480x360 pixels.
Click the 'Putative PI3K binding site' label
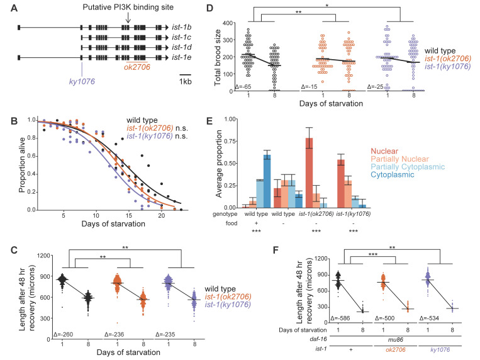pos(128,7)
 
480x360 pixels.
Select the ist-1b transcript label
pos(182,27)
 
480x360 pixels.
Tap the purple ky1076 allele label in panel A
pos(82,81)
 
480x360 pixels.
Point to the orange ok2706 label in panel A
pos(137,67)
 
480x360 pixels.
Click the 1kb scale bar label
pos(185,81)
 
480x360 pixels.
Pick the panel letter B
pos(14,121)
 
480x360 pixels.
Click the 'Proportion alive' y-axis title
pos(22,165)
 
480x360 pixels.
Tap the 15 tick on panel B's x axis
pos(129,215)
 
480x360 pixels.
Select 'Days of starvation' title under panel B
pos(113,224)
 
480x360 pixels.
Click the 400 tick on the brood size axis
pos(228,23)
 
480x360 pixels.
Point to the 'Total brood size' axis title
pos(218,58)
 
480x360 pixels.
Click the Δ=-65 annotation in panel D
pos(243,87)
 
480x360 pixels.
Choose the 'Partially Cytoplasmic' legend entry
pos(408,167)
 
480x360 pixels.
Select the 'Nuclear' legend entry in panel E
pos(384,151)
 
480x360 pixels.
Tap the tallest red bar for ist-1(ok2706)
pos(309,173)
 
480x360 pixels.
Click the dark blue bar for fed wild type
pos(267,181)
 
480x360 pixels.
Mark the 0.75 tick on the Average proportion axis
pos(230,141)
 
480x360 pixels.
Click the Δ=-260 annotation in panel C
pos(64,335)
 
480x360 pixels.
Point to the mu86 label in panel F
pos(396,340)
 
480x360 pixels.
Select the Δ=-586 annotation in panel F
pos(340,318)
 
